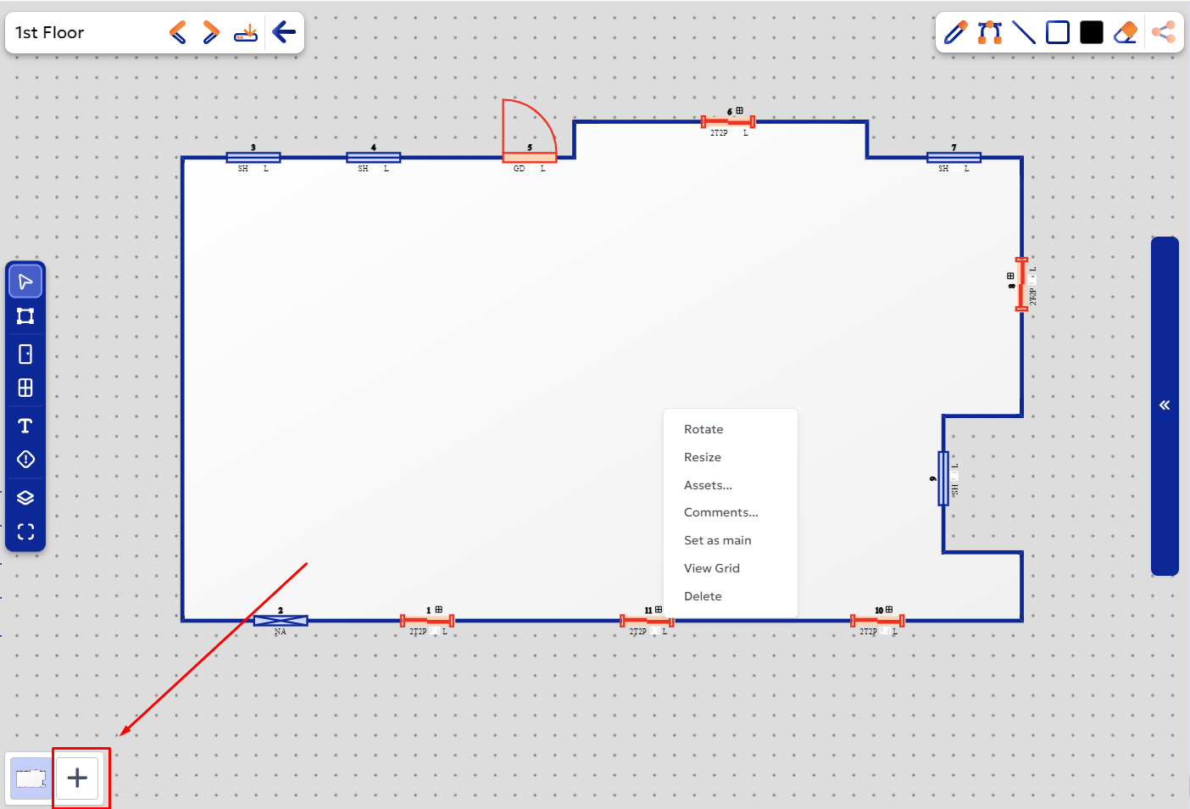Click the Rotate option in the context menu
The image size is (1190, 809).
point(703,429)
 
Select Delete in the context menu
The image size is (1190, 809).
point(703,596)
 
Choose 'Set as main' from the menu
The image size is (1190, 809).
point(717,540)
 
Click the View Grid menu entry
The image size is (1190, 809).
point(711,568)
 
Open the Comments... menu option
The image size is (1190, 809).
point(720,512)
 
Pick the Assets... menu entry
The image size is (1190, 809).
point(708,485)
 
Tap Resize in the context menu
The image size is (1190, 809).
point(702,457)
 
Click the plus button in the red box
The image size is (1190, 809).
point(77,778)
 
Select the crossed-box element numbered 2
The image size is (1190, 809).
point(281,621)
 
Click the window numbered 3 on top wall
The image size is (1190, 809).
point(253,157)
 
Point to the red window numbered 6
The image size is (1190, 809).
point(728,121)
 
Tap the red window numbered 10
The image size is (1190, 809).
point(877,621)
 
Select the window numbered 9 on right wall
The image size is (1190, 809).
point(943,478)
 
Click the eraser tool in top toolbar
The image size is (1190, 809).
point(1126,32)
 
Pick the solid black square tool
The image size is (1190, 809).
point(1092,32)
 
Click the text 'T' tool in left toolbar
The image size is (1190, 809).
point(25,425)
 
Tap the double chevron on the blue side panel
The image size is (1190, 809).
point(1165,405)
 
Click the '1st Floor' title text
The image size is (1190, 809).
point(50,33)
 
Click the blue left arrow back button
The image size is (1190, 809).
point(284,33)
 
